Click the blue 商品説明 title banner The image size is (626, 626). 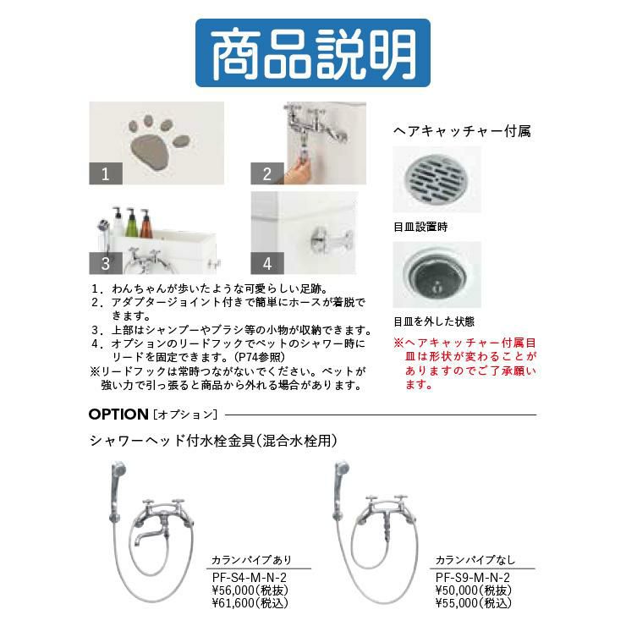click(313, 52)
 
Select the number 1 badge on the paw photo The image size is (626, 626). click(106, 173)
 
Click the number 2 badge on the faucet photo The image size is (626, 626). click(267, 173)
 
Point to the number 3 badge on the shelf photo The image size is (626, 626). click(106, 263)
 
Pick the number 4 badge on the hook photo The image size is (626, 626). click(267, 263)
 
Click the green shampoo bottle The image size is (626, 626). click(131, 223)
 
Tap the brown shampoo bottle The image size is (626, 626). click(146, 224)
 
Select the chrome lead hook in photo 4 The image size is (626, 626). click(331, 241)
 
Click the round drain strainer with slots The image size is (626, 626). click(437, 178)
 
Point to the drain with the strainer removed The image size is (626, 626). click(437, 274)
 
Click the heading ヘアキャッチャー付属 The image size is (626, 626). click(462, 131)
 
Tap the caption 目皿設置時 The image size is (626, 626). click(420, 228)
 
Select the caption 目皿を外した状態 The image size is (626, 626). click(434, 321)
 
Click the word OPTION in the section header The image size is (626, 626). click(118, 414)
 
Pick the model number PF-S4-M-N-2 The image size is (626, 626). click(249, 577)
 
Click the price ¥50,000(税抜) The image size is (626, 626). click(474, 590)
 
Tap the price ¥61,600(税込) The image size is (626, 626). click(250, 603)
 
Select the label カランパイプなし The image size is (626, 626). click(475, 560)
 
